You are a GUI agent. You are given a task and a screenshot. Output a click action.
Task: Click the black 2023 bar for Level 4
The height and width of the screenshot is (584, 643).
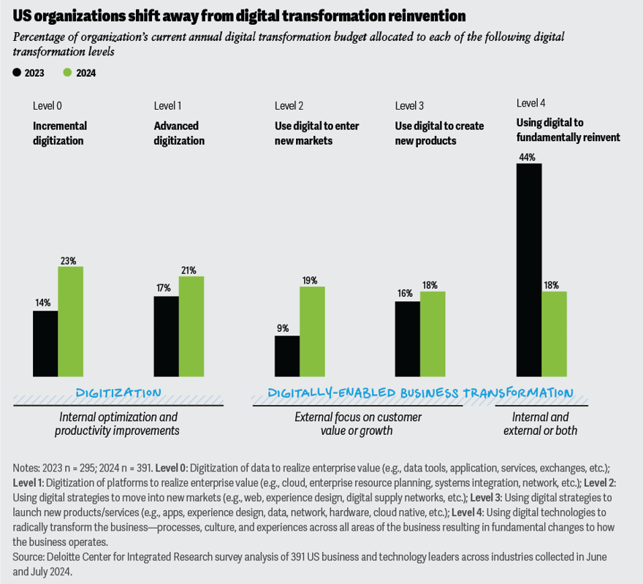[529, 270]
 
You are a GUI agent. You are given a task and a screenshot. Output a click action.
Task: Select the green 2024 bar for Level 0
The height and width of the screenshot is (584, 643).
[70, 322]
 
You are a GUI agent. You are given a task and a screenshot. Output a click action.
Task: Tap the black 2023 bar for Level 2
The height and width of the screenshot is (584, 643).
[286, 356]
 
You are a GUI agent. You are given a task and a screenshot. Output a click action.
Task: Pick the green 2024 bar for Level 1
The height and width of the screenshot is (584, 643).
[191, 326]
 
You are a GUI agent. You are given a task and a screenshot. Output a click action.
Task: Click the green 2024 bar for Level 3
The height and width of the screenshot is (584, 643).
[433, 334]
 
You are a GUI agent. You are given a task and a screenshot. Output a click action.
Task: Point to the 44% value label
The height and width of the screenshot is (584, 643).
[528, 156]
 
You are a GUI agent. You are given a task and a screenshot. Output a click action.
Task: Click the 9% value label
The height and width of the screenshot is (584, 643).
[283, 328]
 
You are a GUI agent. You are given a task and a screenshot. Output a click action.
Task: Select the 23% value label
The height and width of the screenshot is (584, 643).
[69, 260]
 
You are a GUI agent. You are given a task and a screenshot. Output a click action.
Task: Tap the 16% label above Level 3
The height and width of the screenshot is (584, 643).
[404, 293]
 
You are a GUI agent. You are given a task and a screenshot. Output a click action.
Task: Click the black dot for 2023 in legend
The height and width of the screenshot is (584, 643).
[17, 72]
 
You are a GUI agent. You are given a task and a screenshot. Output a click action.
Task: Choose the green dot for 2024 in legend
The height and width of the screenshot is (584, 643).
[67, 72]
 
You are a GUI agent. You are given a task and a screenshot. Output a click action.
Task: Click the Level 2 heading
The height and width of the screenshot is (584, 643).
[289, 106]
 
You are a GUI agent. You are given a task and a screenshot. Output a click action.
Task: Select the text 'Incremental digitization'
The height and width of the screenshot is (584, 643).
[59, 133]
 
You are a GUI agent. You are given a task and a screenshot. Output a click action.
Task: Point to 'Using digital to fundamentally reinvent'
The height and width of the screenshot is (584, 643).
[568, 129]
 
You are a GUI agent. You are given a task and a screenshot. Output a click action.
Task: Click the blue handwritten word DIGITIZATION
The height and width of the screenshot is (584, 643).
[118, 393]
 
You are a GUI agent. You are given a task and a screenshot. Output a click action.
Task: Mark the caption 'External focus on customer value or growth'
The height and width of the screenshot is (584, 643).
[357, 424]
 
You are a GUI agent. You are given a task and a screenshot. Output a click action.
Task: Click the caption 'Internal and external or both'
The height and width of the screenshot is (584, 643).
[540, 424]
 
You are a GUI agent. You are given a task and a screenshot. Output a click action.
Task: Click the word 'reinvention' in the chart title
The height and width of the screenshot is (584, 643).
[421, 15]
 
